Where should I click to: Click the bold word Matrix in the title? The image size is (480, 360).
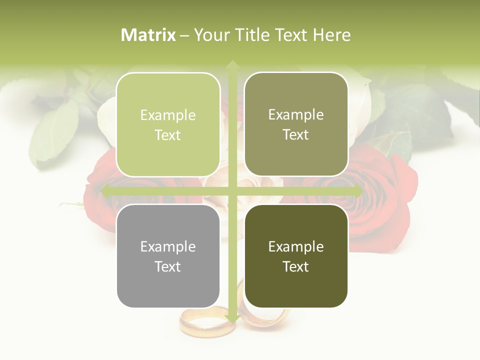coord(148,35)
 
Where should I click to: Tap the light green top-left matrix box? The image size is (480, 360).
coord(168,125)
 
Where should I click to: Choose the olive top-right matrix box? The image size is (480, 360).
coord(296,124)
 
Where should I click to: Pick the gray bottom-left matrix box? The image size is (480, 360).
coord(168,256)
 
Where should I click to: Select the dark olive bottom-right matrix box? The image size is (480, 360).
coord(296,256)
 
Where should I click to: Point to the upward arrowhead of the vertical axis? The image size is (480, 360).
coord(232,65)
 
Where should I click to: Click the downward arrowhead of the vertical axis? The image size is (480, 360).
coord(232,318)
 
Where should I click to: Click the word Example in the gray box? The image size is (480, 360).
coord(168,246)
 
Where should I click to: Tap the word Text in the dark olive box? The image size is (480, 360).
coord(296,266)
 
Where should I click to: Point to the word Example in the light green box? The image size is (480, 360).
coord(168,115)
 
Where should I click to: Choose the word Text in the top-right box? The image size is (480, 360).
coord(296,134)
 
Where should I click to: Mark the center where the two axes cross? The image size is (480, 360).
coord(232,191)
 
